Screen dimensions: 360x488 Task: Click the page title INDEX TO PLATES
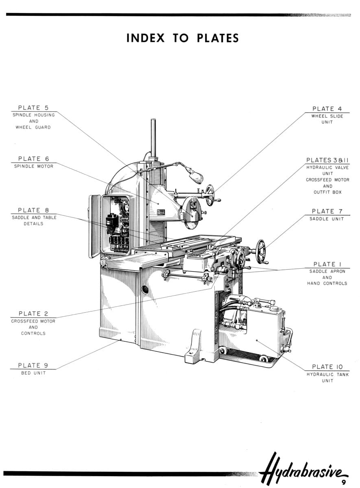183,38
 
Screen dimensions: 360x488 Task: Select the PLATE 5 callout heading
33,108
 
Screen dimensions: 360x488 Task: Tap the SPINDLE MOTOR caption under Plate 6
34,166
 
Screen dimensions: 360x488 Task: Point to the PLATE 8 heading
33,210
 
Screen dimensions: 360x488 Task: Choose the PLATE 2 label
33,314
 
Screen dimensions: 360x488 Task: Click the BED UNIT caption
33,373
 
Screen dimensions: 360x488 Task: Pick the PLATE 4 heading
327,109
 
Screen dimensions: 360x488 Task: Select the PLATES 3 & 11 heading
327,160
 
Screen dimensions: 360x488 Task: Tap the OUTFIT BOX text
327,192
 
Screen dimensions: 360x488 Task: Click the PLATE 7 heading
327,211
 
